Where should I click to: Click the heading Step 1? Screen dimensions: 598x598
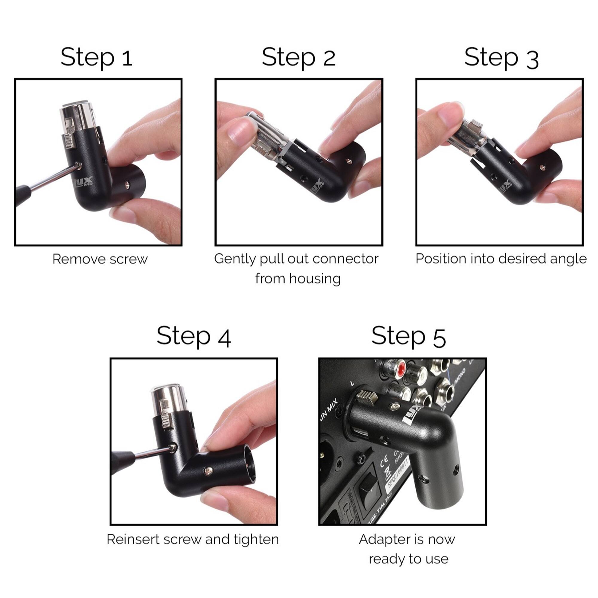(x=96, y=57)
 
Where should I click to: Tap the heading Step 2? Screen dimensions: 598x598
(x=298, y=57)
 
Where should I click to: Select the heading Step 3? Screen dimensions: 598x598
(x=501, y=58)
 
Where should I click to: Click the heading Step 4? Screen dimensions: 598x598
(x=194, y=336)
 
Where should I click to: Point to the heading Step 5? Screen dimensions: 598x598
(x=408, y=336)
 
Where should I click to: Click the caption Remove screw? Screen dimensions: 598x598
(x=100, y=259)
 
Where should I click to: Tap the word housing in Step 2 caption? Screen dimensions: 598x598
(x=315, y=279)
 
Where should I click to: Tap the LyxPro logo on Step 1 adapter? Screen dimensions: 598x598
(x=84, y=183)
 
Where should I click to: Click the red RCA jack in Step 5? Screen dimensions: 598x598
(x=402, y=368)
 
